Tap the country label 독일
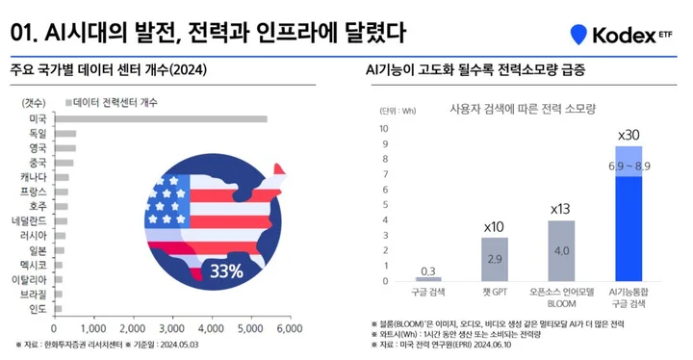click(x=38, y=134)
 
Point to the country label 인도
click(x=38, y=308)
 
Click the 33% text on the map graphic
click(x=227, y=271)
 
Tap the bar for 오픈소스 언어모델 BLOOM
click(x=561, y=251)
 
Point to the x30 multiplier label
click(x=629, y=135)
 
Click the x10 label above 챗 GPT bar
click(x=494, y=226)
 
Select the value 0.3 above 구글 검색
click(x=428, y=270)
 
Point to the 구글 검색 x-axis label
click(x=428, y=291)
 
